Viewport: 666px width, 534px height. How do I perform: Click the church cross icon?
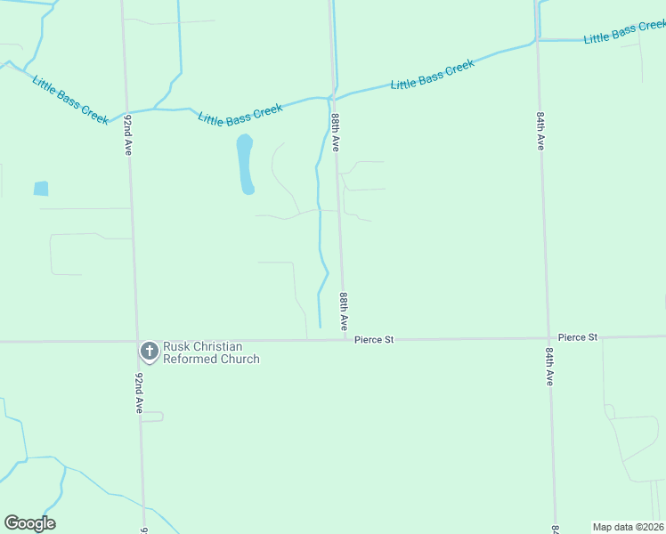click(149, 351)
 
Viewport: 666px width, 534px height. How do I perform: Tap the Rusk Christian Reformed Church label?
click(211, 352)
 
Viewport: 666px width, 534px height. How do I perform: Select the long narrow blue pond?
click(245, 165)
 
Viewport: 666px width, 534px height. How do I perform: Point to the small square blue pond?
click(41, 189)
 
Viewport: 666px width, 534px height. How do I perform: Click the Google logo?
click(29, 523)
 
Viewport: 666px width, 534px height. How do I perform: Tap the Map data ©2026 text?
click(627, 527)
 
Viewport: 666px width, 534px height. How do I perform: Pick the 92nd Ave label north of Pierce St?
click(129, 134)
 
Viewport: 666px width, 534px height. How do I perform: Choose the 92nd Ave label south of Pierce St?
click(138, 392)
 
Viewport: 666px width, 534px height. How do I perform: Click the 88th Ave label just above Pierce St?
click(343, 310)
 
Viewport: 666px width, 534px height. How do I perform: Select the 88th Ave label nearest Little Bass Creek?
click(336, 132)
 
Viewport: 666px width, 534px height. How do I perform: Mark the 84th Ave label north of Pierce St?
click(540, 131)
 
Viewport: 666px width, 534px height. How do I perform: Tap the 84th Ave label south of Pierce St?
click(550, 366)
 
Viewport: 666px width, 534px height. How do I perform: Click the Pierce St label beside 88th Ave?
click(374, 340)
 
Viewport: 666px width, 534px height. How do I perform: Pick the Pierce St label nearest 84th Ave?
click(578, 337)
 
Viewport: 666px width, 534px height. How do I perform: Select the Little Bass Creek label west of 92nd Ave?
click(70, 100)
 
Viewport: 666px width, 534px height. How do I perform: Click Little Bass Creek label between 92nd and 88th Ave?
click(240, 114)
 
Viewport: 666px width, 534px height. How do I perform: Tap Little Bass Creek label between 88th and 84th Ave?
click(433, 76)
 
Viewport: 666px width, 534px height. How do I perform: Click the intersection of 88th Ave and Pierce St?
click(345, 339)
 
